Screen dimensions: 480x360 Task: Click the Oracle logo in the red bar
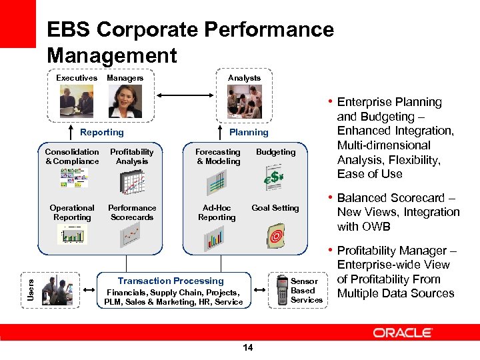point(403,332)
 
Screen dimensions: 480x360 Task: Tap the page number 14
point(248,347)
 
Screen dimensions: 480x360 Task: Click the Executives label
point(77,78)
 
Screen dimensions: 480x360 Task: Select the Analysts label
point(245,78)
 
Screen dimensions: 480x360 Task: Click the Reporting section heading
point(101,132)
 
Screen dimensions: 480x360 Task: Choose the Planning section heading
point(249,132)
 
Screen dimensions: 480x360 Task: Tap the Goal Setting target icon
point(275,234)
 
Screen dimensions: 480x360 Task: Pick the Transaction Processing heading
point(171,281)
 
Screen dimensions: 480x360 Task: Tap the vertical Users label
point(29,288)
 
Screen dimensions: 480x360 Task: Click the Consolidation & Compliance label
point(72,157)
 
